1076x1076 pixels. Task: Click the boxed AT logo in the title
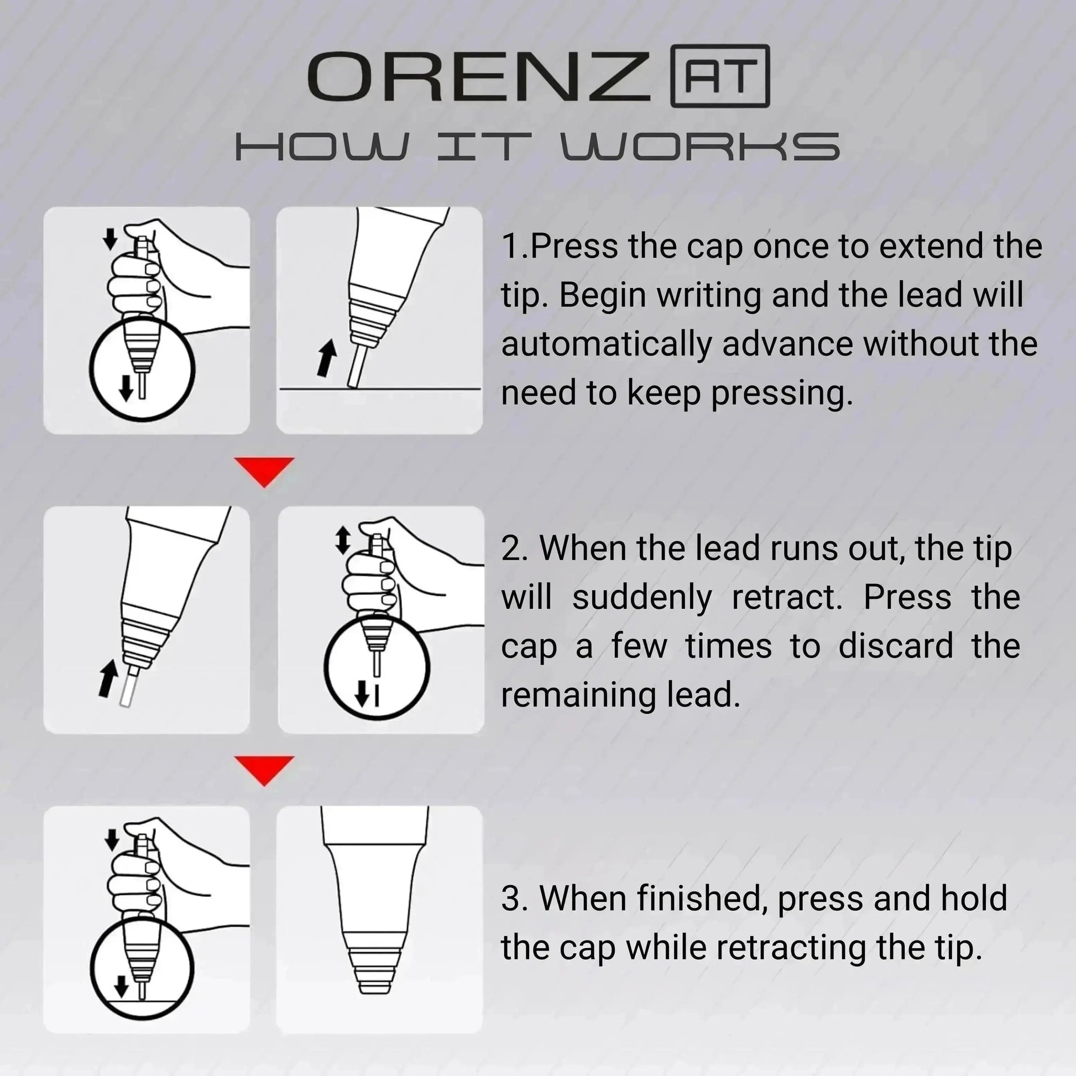[x=720, y=76]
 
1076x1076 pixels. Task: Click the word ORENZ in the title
[x=479, y=77]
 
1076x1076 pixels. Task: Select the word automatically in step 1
[x=606, y=344]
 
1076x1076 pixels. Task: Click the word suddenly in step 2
[x=641, y=598]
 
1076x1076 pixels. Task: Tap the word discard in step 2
[x=897, y=646]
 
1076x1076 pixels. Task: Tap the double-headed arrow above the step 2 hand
[x=342, y=540]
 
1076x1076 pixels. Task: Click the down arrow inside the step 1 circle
[x=127, y=387]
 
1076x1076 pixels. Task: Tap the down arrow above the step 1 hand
[x=110, y=239]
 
